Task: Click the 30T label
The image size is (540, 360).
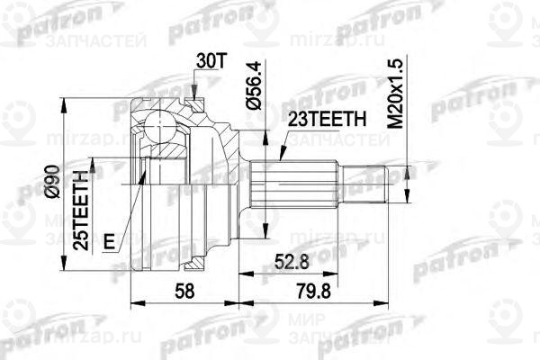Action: (208, 62)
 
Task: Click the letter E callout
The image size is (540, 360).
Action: (108, 241)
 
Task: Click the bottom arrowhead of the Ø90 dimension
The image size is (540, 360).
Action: (63, 265)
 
